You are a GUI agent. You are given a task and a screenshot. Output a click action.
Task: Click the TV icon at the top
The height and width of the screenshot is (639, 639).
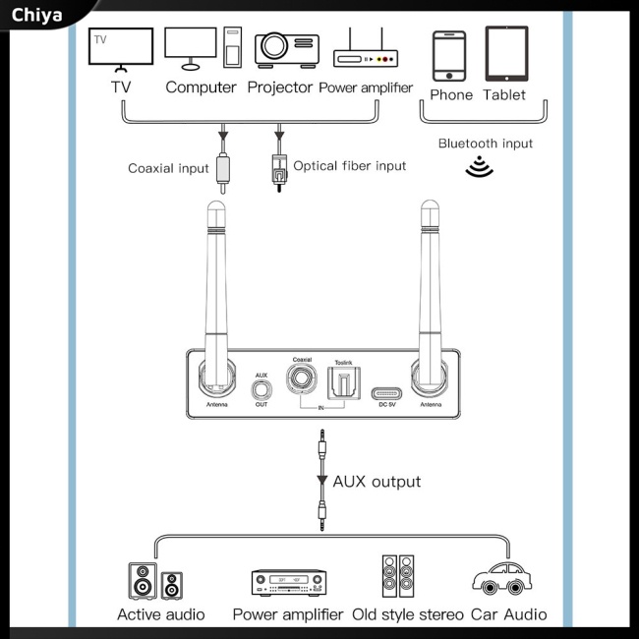[121, 49]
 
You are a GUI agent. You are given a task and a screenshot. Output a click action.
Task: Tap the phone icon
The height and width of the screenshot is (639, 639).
[449, 55]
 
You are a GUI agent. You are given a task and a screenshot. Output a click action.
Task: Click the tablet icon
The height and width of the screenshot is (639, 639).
[505, 54]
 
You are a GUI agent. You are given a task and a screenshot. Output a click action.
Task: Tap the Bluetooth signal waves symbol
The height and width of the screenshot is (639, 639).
[479, 166]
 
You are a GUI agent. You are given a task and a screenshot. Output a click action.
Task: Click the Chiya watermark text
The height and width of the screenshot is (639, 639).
[37, 15]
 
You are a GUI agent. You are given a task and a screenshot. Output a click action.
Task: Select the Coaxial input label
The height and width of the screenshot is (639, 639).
[168, 168]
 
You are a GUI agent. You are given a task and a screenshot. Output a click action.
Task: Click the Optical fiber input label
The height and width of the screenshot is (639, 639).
[349, 166]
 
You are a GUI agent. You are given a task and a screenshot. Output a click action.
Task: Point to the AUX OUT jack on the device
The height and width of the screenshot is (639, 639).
[261, 387]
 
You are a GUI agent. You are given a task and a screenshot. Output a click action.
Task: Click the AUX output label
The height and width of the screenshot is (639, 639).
[377, 482]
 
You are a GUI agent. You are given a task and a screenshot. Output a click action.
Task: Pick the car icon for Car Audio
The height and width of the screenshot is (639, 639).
[507, 578]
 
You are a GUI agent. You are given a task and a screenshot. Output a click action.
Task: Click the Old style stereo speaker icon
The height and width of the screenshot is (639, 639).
[402, 578]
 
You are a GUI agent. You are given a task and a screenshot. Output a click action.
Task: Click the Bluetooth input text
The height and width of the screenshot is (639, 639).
[486, 144]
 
